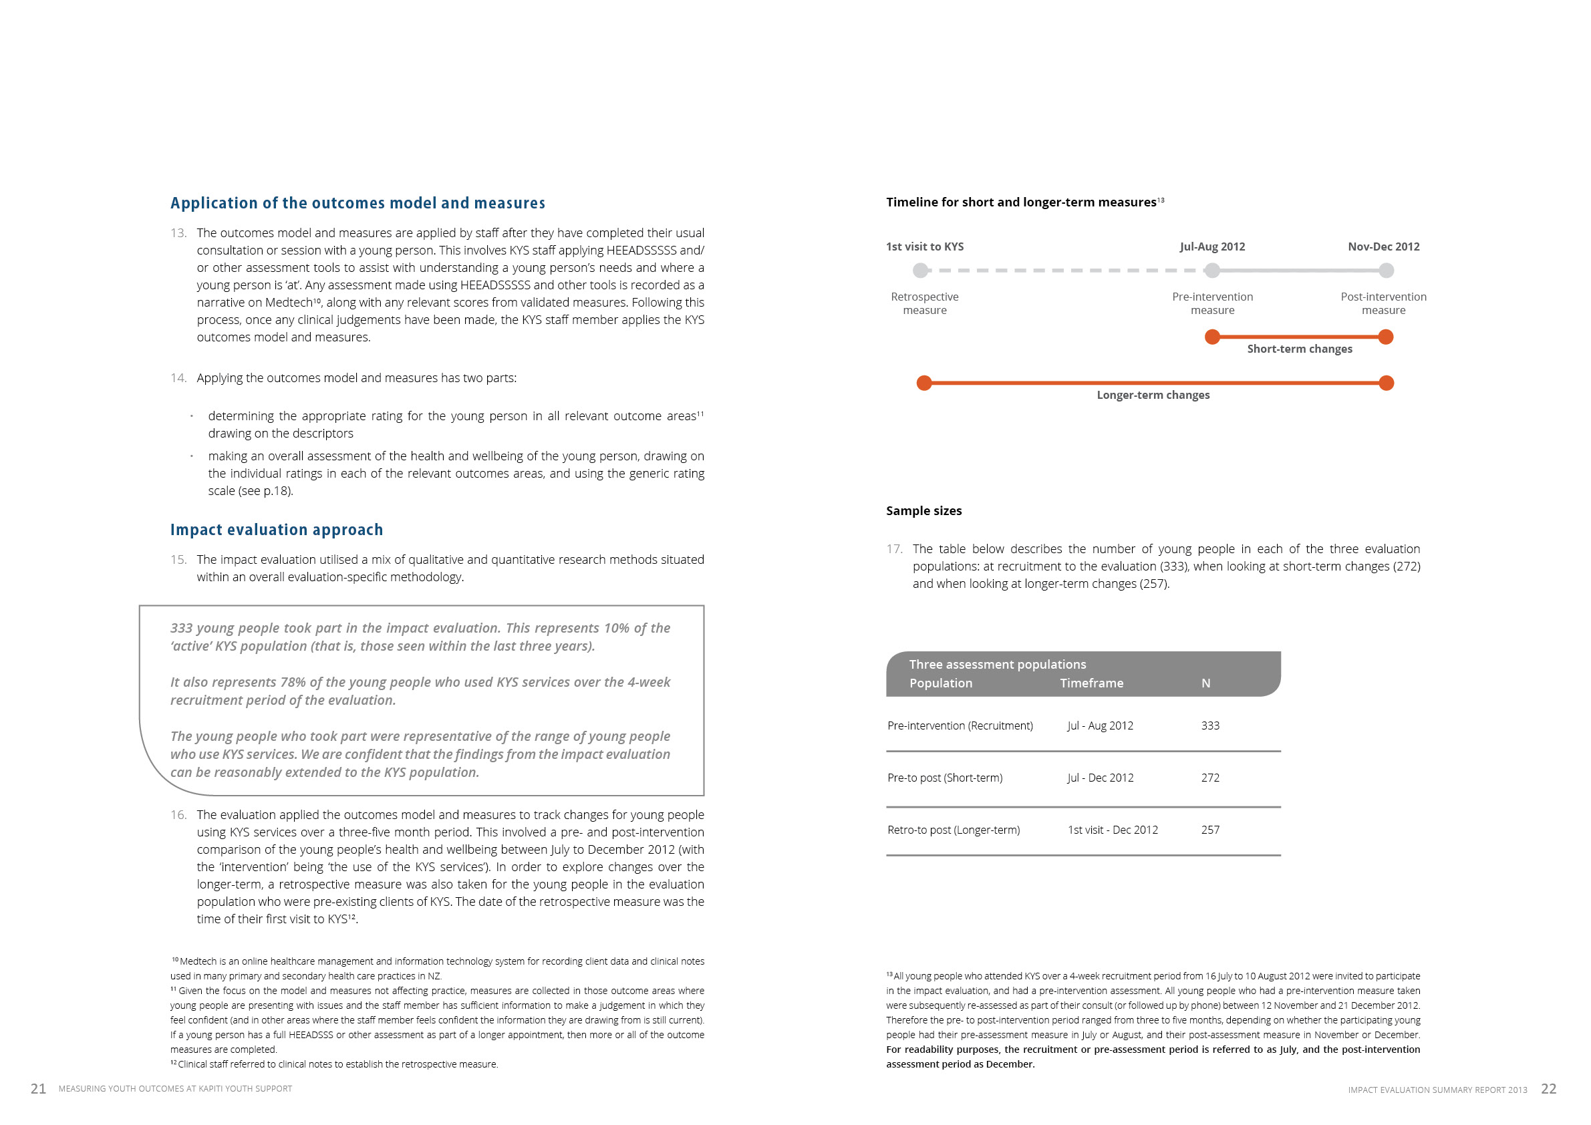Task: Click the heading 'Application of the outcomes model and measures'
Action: [x=357, y=203]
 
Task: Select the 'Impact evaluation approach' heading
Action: [x=277, y=529]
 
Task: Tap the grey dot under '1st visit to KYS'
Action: [x=920, y=270]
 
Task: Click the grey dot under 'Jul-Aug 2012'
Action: [x=1212, y=270]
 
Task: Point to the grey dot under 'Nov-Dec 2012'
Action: [x=1386, y=270]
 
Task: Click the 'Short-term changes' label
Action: [x=1299, y=349]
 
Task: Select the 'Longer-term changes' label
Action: [x=1153, y=395]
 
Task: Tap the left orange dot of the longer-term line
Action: [x=923, y=383]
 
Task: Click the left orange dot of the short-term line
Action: [x=1212, y=337]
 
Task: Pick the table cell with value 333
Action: [x=1210, y=726]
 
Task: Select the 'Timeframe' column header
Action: [x=1091, y=683]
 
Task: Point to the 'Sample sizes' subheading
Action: [x=923, y=510]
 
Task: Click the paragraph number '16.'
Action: [x=178, y=814]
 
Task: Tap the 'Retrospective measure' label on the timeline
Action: [x=924, y=303]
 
